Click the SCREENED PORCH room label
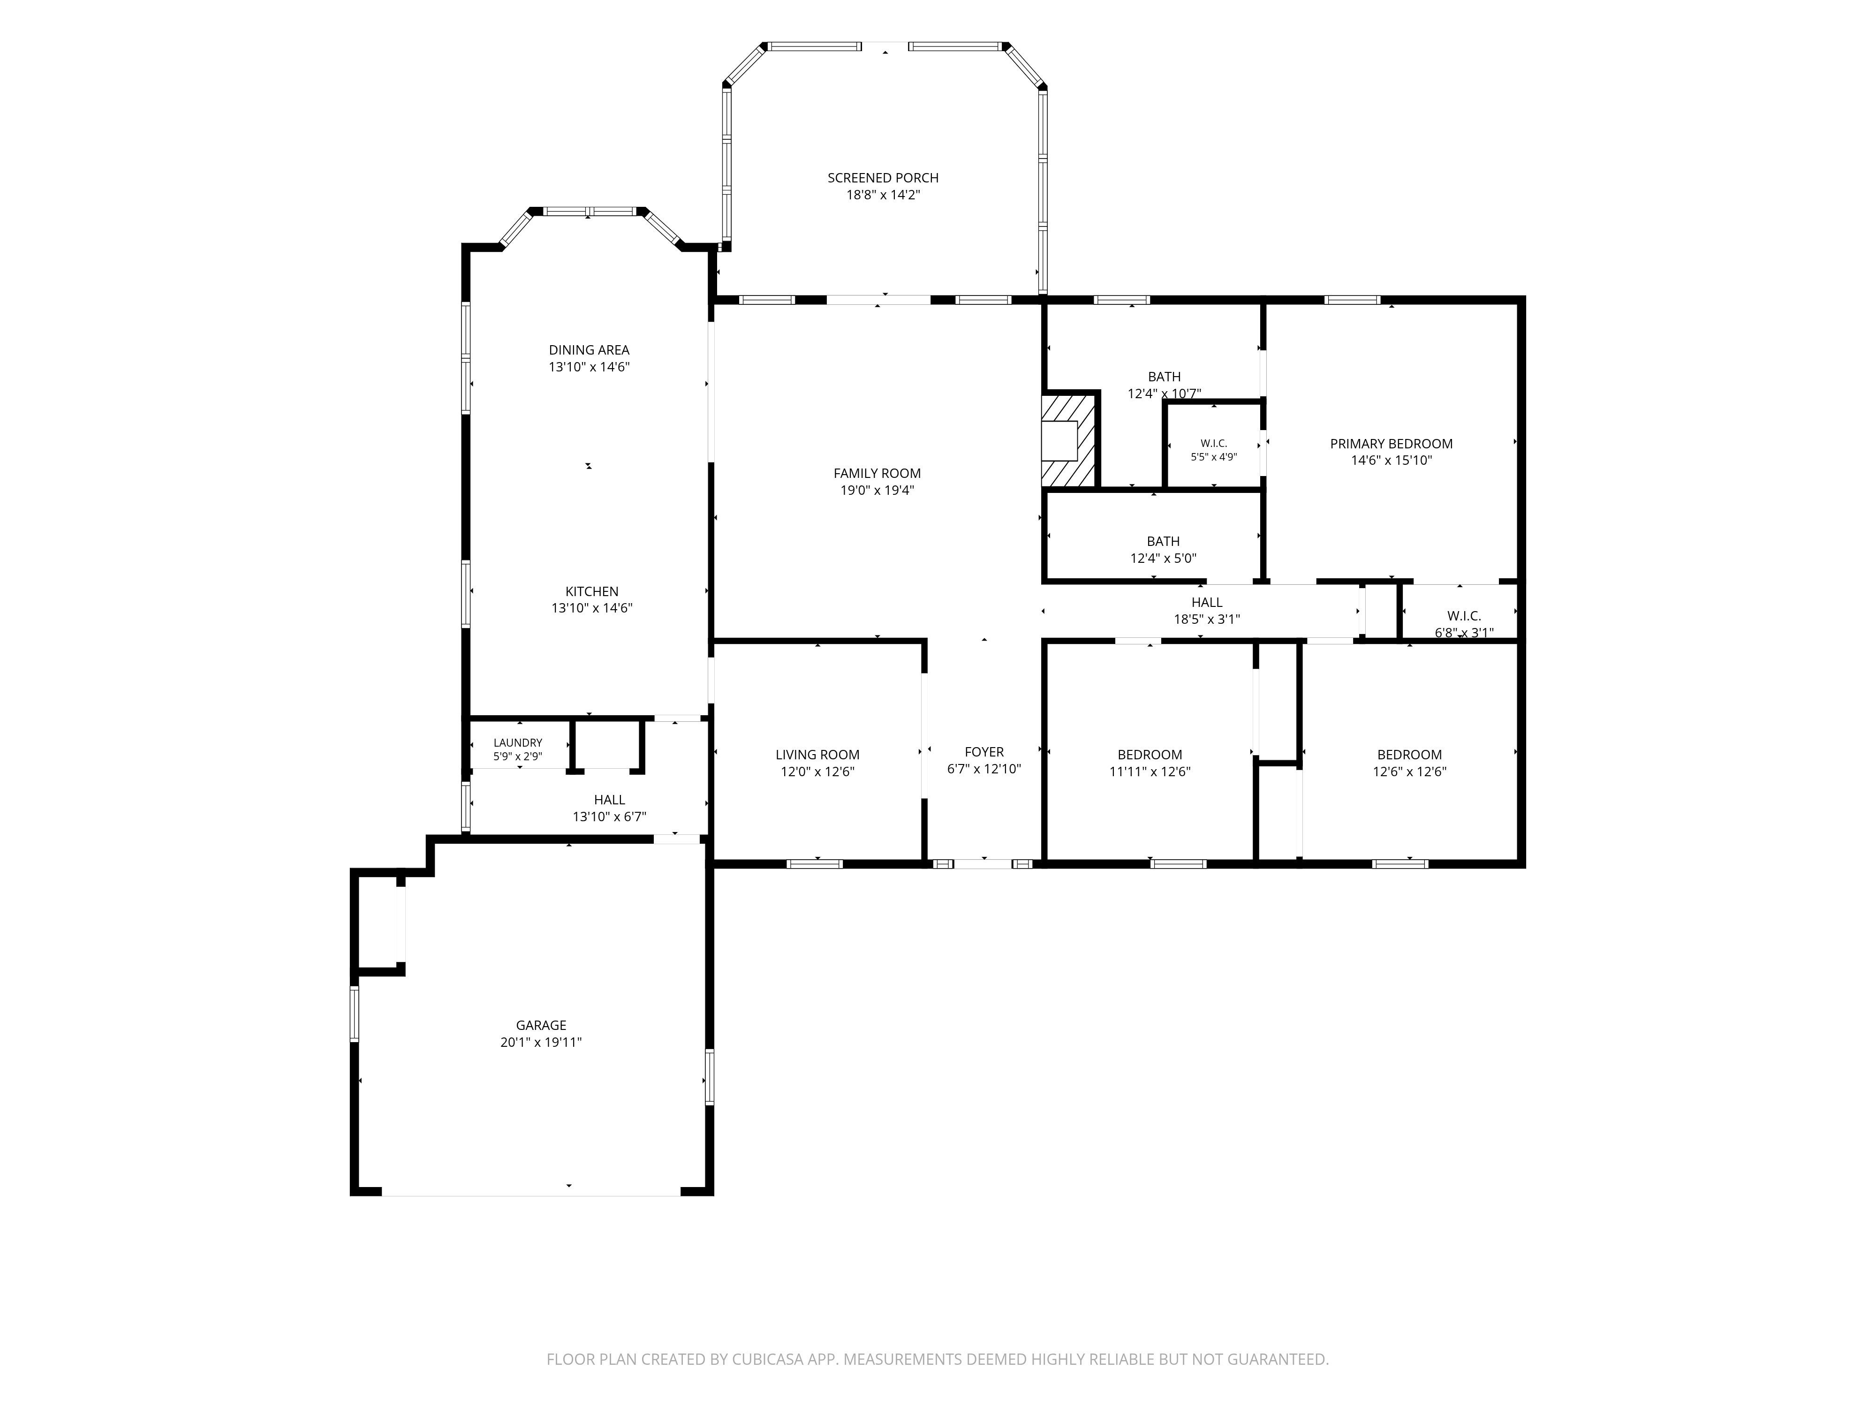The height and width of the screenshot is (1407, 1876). click(x=883, y=178)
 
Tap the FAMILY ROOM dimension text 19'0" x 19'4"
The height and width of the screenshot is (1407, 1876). click(x=877, y=490)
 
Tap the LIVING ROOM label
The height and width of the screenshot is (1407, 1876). click(x=817, y=755)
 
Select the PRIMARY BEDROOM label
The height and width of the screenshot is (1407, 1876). click(x=1391, y=444)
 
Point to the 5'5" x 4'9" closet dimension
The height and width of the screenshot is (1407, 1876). click(x=1214, y=456)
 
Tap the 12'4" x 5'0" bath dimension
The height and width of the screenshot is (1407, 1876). click(x=1163, y=558)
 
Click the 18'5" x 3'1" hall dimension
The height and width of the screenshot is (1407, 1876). click(x=1206, y=619)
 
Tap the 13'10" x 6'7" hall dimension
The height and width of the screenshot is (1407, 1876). click(x=609, y=817)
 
